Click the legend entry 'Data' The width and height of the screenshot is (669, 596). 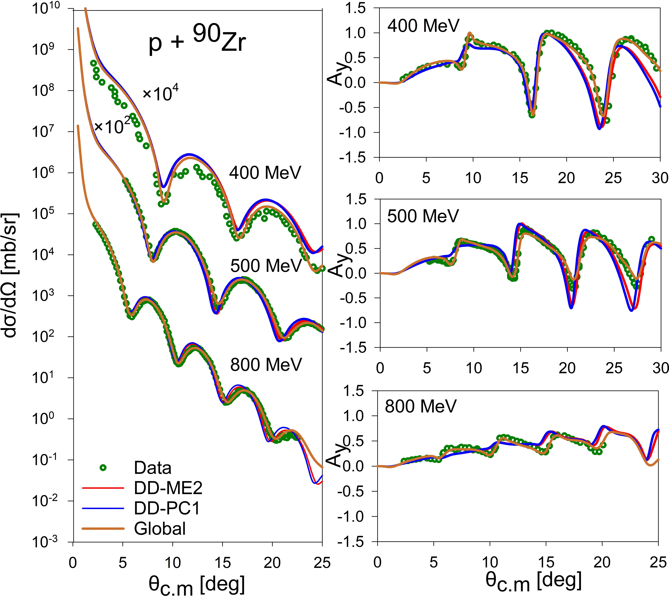click(152, 468)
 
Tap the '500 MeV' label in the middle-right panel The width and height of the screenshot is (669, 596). click(423, 216)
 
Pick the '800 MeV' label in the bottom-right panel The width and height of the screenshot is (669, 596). click(420, 406)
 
